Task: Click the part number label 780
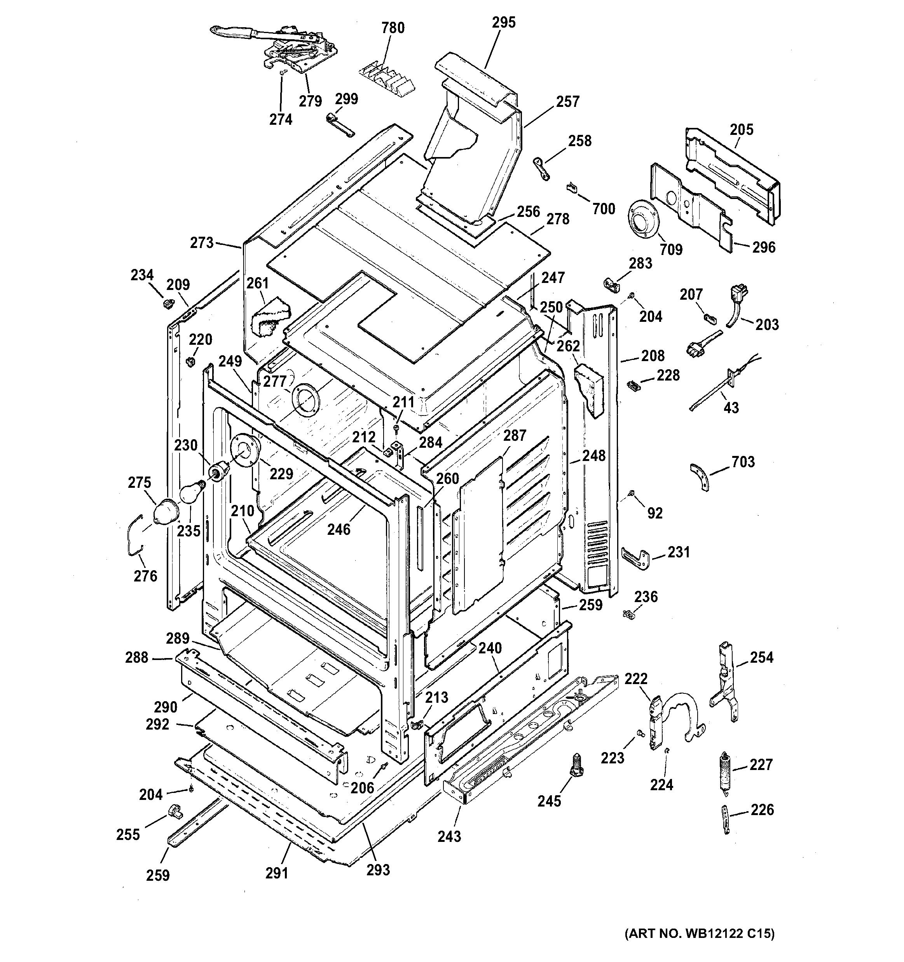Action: tap(393, 28)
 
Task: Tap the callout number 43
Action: tap(731, 407)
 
